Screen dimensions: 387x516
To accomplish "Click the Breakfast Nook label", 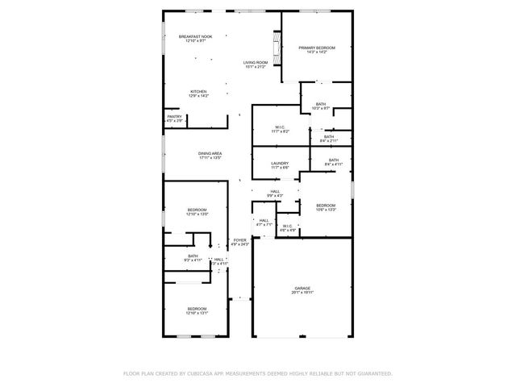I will (x=195, y=36).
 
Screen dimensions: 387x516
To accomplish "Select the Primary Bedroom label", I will (x=316, y=48).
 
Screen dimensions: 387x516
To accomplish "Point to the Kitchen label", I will (x=198, y=92).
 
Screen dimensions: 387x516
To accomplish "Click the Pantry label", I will (x=174, y=117).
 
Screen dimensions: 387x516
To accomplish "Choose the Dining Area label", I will (x=210, y=153).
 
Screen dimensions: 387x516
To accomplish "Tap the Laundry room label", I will (x=280, y=163).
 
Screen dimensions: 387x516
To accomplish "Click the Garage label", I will (x=302, y=288).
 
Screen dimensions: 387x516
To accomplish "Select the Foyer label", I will (x=239, y=240).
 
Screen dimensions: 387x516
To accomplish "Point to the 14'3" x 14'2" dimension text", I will (x=316, y=52).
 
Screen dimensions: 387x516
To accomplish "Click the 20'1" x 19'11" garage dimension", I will (x=302, y=293).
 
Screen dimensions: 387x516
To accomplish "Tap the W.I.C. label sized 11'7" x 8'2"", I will (x=281, y=127).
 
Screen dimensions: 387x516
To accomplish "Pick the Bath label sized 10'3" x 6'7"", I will (x=321, y=104).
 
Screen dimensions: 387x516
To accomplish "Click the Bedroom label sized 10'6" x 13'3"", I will (x=326, y=205).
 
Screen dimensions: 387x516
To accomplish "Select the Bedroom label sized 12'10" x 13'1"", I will (x=198, y=309).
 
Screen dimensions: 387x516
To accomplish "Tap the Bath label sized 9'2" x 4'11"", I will (x=193, y=256).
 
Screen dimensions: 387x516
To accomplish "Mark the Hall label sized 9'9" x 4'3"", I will (x=275, y=191).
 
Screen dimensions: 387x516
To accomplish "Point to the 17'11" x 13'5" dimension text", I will (x=210, y=158).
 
